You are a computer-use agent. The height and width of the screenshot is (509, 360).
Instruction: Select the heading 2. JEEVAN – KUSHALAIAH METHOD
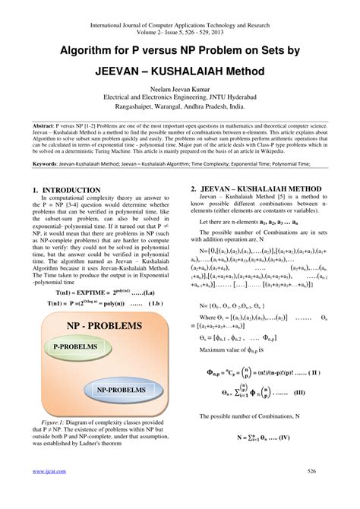click(x=254, y=187)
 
